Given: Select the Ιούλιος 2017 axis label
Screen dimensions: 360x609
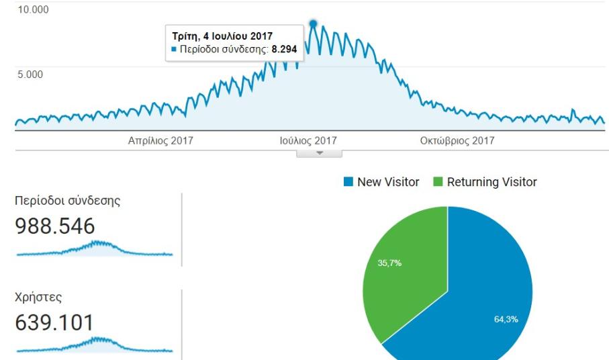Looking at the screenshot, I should click(x=308, y=141).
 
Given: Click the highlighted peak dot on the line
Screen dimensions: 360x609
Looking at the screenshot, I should click(x=313, y=24).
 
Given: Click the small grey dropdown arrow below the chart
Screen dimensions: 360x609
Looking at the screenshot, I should click(x=319, y=153).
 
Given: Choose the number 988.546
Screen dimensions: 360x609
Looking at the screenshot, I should click(x=55, y=227).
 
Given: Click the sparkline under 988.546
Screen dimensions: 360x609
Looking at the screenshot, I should click(x=94, y=250).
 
